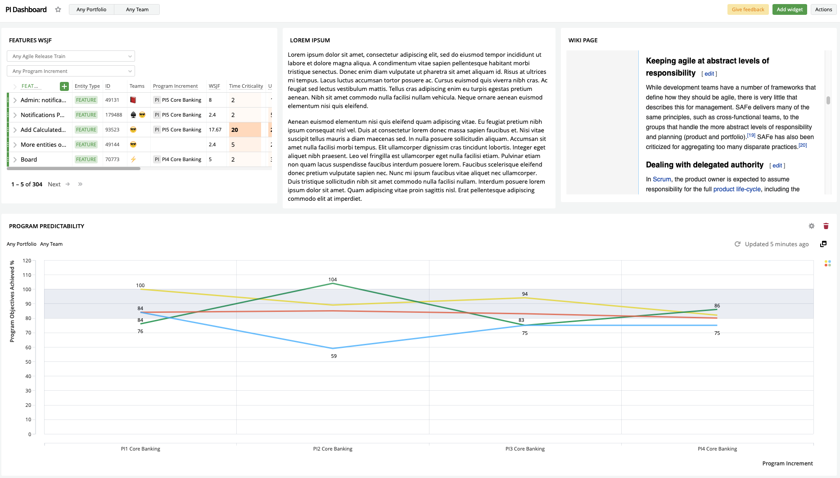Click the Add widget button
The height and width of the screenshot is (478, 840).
click(x=790, y=9)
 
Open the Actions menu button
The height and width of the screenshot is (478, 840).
click(x=823, y=9)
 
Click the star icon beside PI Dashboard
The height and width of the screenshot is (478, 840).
click(x=58, y=9)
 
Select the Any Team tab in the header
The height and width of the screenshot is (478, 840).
click(x=137, y=9)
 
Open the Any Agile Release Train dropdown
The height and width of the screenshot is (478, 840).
click(x=71, y=56)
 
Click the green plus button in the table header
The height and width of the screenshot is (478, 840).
click(x=64, y=86)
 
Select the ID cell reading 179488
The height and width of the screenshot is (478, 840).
click(x=113, y=115)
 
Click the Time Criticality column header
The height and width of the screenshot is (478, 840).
click(x=246, y=86)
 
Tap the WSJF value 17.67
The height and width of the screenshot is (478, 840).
click(x=215, y=130)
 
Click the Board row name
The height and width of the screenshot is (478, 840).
click(x=29, y=159)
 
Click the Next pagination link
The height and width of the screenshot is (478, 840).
click(x=54, y=184)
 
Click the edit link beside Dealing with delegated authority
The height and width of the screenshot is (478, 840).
click(x=777, y=166)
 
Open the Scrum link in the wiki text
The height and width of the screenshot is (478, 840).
click(x=662, y=179)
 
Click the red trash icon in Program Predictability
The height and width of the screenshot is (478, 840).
click(x=826, y=226)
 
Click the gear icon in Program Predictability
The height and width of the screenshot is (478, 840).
click(x=812, y=226)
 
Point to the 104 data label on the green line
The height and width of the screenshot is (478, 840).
click(x=333, y=280)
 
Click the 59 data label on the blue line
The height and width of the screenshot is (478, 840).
click(x=334, y=356)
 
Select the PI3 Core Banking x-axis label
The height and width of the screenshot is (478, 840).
click(x=525, y=449)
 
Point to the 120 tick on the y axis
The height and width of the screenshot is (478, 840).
click(x=27, y=261)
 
